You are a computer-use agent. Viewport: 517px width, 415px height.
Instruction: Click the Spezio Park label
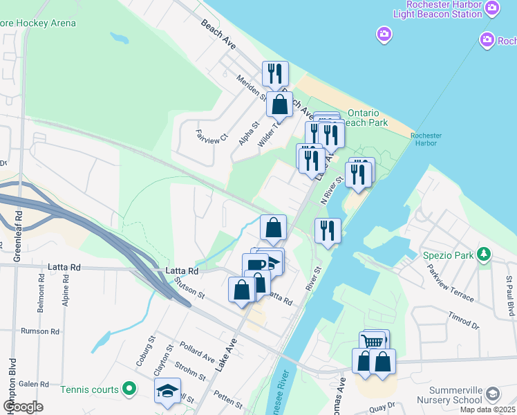point(449,255)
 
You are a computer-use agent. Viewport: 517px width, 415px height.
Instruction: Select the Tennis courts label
point(89,389)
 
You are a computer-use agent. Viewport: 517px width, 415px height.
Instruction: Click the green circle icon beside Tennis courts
point(129,389)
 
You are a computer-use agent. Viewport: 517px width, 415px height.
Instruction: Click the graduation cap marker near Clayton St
point(167,391)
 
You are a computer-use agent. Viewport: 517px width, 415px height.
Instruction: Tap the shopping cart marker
point(373,341)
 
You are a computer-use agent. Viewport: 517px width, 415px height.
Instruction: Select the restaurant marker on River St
point(328,230)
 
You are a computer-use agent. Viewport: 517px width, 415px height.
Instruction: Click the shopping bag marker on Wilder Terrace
point(279,104)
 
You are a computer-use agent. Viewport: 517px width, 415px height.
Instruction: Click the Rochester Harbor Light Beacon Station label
point(446,9)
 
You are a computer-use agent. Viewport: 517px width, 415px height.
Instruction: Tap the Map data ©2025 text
point(488,409)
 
